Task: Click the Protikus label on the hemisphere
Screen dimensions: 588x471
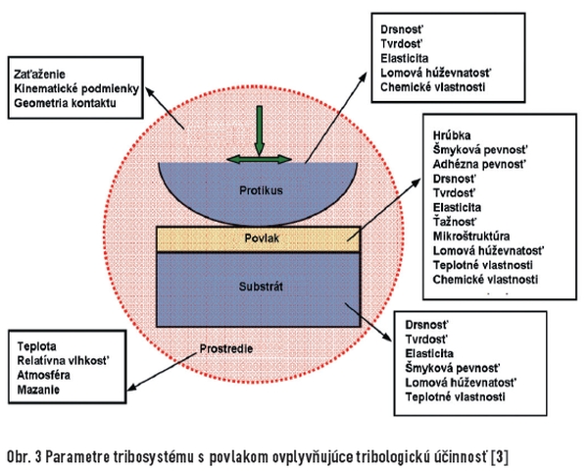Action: coord(261,190)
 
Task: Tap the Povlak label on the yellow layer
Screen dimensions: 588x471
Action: coord(262,238)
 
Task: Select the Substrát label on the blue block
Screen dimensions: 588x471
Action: coord(261,287)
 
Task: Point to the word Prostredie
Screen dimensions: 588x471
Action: coord(226,348)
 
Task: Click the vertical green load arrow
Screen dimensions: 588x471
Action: coord(259,131)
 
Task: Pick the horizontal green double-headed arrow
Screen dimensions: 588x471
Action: coord(259,160)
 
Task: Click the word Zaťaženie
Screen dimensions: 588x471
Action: coord(39,74)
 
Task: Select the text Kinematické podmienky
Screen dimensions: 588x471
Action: coord(76,88)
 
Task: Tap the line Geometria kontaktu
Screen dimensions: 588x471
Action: coord(65,103)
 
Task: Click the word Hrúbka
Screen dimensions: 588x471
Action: coord(452,135)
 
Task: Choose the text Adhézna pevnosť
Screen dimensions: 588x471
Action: coord(480,164)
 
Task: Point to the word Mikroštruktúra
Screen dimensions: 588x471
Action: coord(471,236)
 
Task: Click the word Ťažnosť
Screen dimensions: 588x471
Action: coord(455,222)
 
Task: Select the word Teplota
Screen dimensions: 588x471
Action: coord(37,346)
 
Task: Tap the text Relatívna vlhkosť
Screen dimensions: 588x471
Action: coord(63,360)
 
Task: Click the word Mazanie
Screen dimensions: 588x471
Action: coord(38,390)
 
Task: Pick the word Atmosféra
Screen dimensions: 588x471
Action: coord(43,375)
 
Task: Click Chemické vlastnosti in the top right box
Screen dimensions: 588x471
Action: coord(433,87)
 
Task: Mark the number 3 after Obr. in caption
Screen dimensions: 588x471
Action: coord(37,457)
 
